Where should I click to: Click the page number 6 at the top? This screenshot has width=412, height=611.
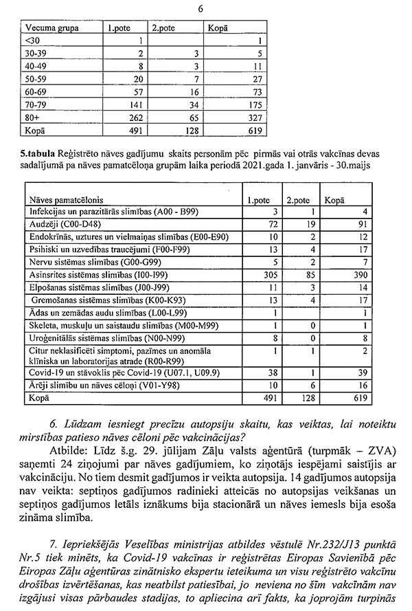pyautogui.click(x=200, y=9)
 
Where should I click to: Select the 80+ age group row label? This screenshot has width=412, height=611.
pyautogui.click(x=32, y=116)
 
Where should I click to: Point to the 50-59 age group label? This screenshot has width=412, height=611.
pyautogui.click(x=35, y=78)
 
